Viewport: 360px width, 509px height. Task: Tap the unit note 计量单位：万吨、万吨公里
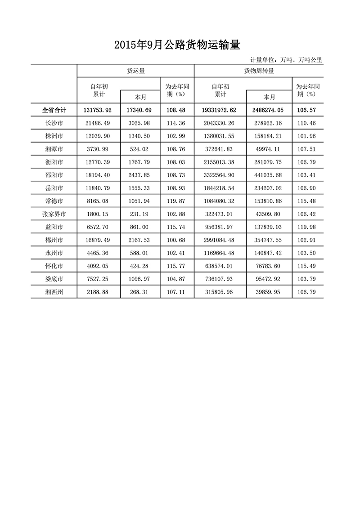tap(286, 59)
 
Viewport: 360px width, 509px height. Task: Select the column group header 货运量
tap(135, 71)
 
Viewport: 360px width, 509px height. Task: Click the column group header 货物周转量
tap(259, 71)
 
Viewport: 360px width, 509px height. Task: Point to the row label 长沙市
tap(54, 123)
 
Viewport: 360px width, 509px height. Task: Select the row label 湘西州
tap(54, 292)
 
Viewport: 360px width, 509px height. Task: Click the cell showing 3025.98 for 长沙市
tap(139, 123)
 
